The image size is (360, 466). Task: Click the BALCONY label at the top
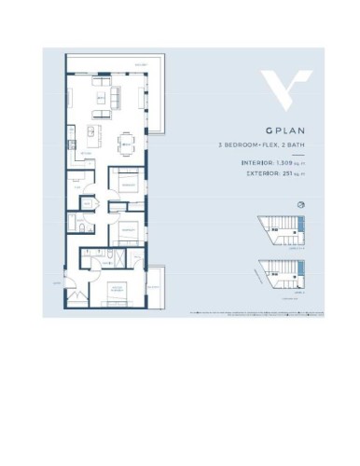tap(140, 63)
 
